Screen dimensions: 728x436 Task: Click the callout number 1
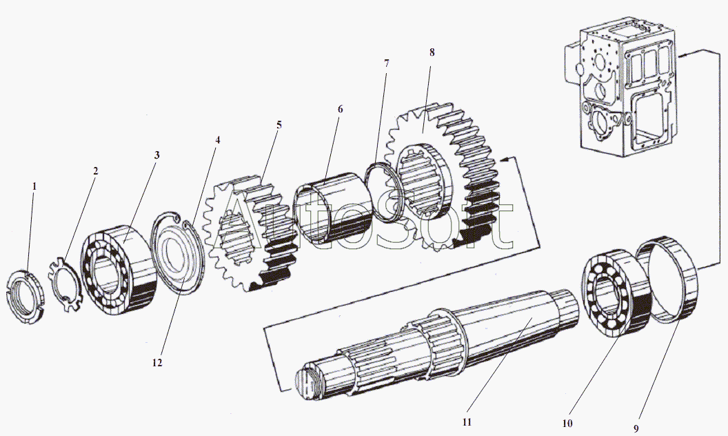point(34,186)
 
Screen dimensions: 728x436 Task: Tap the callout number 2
point(95,171)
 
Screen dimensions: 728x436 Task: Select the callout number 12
point(157,363)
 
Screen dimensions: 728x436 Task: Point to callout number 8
point(432,52)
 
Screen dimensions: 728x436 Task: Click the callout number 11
point(467,422)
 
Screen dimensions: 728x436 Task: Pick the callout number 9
point(637,428)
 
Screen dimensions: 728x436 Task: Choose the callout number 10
point(567,423)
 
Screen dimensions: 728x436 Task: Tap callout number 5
point(279,125)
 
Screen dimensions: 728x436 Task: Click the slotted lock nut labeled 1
point(25,296)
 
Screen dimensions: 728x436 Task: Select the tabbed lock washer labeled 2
point(65,283)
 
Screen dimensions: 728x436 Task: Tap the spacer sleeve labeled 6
point(334,208)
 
